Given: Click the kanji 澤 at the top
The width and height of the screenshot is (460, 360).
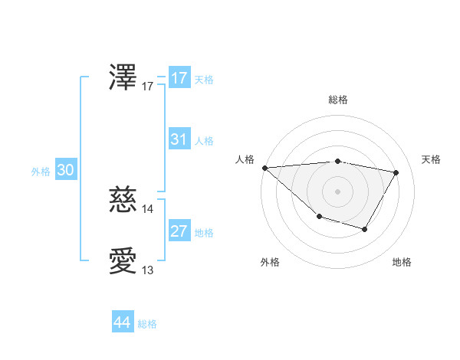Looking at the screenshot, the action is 123,78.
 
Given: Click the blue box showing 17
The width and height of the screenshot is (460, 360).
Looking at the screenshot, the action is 179,78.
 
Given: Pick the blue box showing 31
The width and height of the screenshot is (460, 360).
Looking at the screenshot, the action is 179,139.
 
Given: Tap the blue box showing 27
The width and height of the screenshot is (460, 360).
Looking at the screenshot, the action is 179,231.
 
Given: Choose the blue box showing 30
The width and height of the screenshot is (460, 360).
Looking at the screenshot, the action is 65,170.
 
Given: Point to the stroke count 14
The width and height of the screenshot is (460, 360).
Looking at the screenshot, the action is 148,208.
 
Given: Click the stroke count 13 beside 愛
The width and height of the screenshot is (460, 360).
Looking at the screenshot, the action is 148,270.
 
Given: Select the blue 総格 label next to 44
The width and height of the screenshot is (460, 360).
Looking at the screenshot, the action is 147,324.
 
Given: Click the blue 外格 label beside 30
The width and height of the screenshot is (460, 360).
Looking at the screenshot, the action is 41,172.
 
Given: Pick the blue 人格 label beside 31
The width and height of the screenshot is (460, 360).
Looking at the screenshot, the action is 204,141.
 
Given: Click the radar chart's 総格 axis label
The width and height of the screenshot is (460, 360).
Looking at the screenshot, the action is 337,100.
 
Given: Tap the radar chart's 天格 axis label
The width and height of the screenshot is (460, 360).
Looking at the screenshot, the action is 432,159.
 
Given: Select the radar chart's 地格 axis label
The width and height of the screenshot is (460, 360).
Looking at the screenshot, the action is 402,262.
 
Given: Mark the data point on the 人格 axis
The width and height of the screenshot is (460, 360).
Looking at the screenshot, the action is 264,167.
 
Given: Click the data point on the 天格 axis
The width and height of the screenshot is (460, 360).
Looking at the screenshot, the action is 396,172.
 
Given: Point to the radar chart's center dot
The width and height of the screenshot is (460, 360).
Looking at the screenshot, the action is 337,191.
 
